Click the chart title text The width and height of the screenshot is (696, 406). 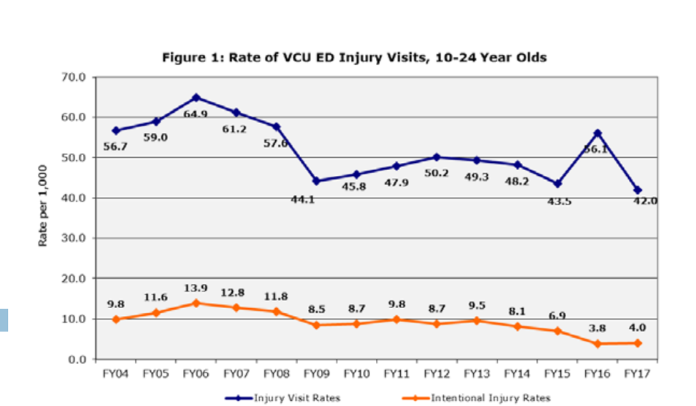tap(354, 57)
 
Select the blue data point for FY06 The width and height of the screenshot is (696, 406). tap(197, 97)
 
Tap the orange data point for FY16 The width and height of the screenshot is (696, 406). tap(597, 344)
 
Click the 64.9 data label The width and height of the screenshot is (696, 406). tap(195, 114)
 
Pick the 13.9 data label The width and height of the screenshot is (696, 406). tap(195, 288)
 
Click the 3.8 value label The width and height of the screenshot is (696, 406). tap(597, 329)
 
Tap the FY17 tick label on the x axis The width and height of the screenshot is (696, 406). tap(637, 374)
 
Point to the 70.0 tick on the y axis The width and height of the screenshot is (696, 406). tap(74, 76)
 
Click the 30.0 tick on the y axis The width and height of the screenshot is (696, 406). tap(74, 238)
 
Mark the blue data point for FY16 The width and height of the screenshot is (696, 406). tap(597, 133)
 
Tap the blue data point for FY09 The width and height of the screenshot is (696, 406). tap(317, 181)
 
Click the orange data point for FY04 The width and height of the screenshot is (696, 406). tap(116, 320)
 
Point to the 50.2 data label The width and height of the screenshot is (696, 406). tap(436, 174)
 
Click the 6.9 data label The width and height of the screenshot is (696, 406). tap(557, 315)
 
